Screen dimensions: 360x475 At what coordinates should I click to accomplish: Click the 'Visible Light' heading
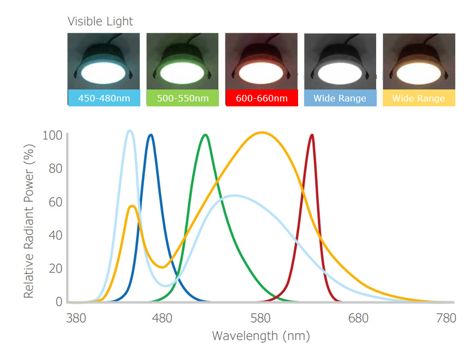click(x=100, y=21)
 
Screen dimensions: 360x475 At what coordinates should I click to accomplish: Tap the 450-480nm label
click(x=104, y=98)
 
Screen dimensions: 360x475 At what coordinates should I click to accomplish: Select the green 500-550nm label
click(x=182, y=98)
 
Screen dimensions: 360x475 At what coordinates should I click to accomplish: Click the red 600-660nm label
click(x=261, y=98)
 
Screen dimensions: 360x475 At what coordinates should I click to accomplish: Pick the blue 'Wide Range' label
click(x=340, y=98)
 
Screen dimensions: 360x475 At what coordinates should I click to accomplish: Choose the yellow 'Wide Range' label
click(x=418, y=98)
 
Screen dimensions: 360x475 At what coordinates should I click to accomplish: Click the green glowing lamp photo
click(x=182, y=61)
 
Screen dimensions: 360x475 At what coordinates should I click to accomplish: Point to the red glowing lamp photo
click(x=261, y=61)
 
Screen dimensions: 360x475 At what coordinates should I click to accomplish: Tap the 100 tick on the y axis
click(x=52, y=135)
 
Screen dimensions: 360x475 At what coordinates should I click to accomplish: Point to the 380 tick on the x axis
click(x=75, y=318)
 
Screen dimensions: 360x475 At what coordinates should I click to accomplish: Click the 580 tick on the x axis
click(x=260, y=318)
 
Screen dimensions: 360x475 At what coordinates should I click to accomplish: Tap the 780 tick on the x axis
click(x=446, y=318)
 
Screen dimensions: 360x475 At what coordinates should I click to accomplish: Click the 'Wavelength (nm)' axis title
click(x=260, y=335)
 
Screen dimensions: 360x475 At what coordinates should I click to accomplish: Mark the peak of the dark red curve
click(x=312, y=135)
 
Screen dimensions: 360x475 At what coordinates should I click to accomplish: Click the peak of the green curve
click(x=205, y=135)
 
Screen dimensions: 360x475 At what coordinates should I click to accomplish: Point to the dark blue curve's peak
click(x=150, y=135)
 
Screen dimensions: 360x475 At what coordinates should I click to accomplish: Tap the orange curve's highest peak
click(x=263, y=132)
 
